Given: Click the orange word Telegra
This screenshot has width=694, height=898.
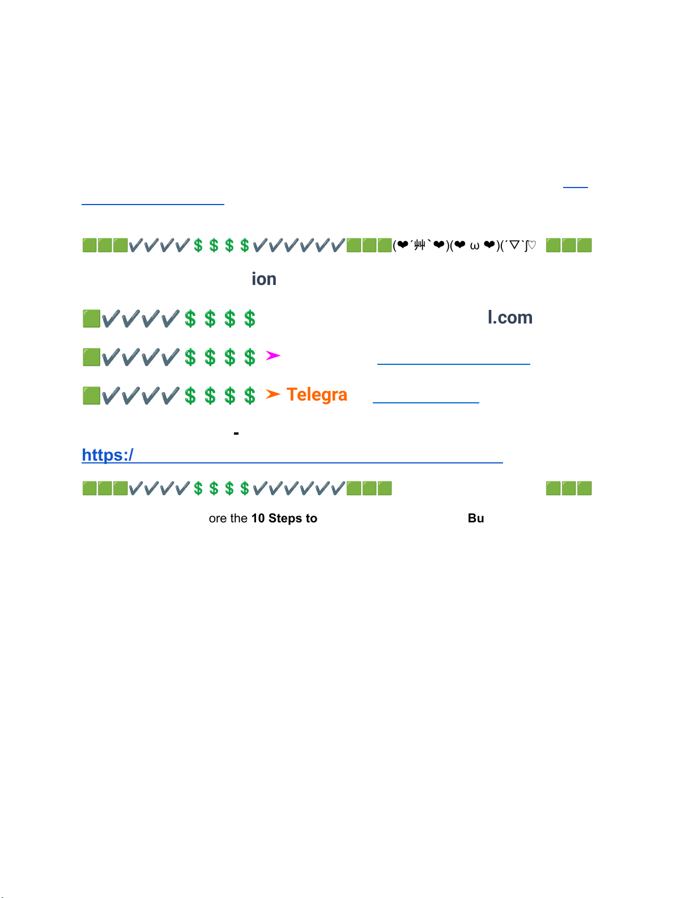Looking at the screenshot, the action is coord(317,394).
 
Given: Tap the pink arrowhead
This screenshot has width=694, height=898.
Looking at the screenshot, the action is coord(273,356).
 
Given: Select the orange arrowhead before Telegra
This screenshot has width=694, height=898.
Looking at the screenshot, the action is coord(273,394).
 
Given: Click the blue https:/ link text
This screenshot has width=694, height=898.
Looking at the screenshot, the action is coord(108,455).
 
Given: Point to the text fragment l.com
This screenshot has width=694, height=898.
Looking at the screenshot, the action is coord(510,318).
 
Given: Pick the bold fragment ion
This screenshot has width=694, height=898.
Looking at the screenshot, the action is coord(264,279).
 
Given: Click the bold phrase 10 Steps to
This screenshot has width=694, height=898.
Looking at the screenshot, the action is coord(284,518).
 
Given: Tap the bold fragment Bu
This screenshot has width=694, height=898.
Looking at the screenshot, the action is coord(476,518).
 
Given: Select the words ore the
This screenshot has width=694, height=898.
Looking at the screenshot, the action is coord(228,518).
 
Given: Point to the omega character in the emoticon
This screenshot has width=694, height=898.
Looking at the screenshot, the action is coord(475,245).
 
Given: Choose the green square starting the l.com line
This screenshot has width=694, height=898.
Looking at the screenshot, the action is coord(91,318).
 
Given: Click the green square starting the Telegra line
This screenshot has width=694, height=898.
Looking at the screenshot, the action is coord(91,395).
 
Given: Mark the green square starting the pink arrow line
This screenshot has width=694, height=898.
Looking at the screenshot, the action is coord(91,357).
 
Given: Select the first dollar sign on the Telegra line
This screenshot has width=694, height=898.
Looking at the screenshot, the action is coord(190,395).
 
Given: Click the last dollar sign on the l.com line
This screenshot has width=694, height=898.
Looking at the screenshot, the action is coord(250,318).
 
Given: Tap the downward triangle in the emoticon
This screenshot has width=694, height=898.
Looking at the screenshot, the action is coord(514,245).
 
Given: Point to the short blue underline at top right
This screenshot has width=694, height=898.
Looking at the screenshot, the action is coord(576,186).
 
